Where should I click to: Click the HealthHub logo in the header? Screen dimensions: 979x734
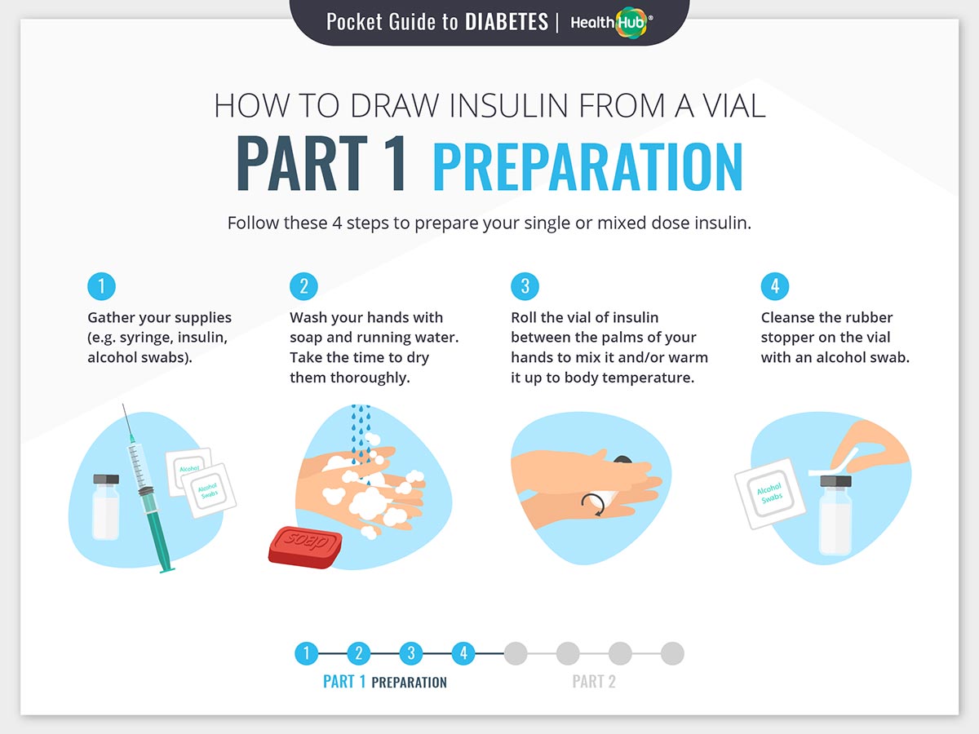tap(612, 22)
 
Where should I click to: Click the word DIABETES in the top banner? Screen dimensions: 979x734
tap(507, 22)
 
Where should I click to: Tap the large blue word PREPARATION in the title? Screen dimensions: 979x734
tap(588, 167)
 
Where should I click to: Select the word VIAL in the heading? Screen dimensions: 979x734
tap(734, 106)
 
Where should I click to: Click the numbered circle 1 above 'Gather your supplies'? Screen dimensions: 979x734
tap(101, 286)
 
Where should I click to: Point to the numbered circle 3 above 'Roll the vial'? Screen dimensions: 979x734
tap(525, 286)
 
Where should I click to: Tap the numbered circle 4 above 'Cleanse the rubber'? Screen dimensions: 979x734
tap(775, 286)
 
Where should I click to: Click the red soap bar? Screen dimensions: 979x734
tap(305, 547)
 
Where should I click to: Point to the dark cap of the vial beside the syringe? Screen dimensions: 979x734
tap(106, 479)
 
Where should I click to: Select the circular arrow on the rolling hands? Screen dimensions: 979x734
tap(594, 504)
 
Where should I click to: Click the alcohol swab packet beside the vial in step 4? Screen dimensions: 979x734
tap(769, 493)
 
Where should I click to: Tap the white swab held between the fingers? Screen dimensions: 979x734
tap(834, 465)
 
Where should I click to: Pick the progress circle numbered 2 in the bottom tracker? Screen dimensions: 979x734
tap(359, 653)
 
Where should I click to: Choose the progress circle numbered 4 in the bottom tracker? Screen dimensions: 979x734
tap(463, 653)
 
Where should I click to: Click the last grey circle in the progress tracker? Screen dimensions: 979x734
tap(672, 653)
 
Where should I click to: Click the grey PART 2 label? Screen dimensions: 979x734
tap(594, 682)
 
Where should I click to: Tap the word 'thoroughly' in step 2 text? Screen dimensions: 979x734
tap(370, 378)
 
